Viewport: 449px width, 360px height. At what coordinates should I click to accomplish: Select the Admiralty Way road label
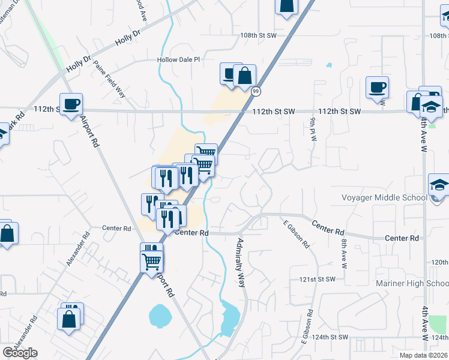point(242,262)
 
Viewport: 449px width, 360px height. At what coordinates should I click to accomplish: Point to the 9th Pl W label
point(313,129)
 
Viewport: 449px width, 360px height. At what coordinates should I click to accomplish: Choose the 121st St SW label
point(317,280)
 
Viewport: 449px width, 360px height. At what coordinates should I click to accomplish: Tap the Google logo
point(20,353)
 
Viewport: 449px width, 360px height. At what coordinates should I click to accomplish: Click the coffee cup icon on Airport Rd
point(71,103)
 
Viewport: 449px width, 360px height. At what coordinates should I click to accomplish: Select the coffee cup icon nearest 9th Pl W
point(377,87)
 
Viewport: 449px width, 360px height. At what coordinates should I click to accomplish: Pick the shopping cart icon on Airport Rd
point(152,260)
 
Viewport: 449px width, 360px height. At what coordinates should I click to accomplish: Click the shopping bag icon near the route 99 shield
point(245,76)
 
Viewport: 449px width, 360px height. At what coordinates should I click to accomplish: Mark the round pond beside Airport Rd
point(160,313)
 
